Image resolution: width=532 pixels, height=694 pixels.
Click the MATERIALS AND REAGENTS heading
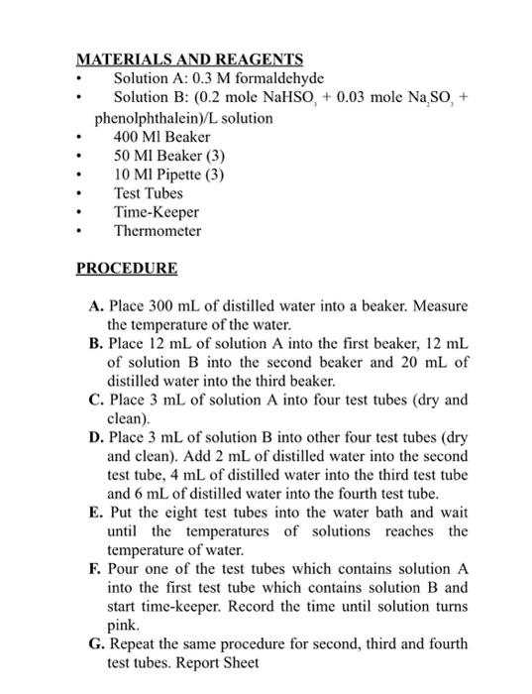[x=190, y=59]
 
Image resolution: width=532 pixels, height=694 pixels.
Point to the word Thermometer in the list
[x=158, y=231]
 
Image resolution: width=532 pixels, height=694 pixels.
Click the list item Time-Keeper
[x=157, y=212]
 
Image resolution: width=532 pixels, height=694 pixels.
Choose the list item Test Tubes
[x=149, y=193]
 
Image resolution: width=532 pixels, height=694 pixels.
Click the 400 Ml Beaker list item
[x=156, y=136]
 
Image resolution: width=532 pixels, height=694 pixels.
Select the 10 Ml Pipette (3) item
[x=169, y=174]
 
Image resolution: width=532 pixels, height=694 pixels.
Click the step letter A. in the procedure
[x=95, y=305]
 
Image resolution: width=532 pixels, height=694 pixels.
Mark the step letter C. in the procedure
[x=96, y=400]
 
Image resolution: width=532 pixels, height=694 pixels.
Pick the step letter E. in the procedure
[x=95, y=514]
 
